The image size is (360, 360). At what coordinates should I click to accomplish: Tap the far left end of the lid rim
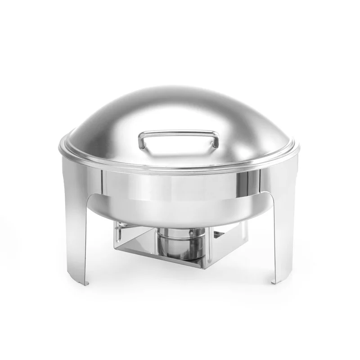pos(58,147)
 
